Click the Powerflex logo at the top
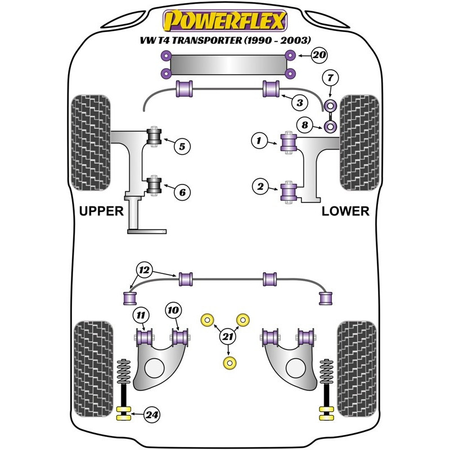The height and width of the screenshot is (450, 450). pos(225,21)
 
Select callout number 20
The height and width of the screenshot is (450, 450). pos(319,55)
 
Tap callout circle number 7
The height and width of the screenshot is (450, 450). pos(330,76)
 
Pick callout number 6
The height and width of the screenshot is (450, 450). pos(182,192)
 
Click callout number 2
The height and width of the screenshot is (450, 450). pos(259,186)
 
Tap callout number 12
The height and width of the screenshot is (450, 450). pos(145,271)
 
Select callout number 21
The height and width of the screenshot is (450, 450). pos(227,336)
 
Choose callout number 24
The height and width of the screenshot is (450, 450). pos(151,415)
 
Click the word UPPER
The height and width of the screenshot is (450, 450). pos(101,211)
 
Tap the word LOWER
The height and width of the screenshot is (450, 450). pos(345,211)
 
